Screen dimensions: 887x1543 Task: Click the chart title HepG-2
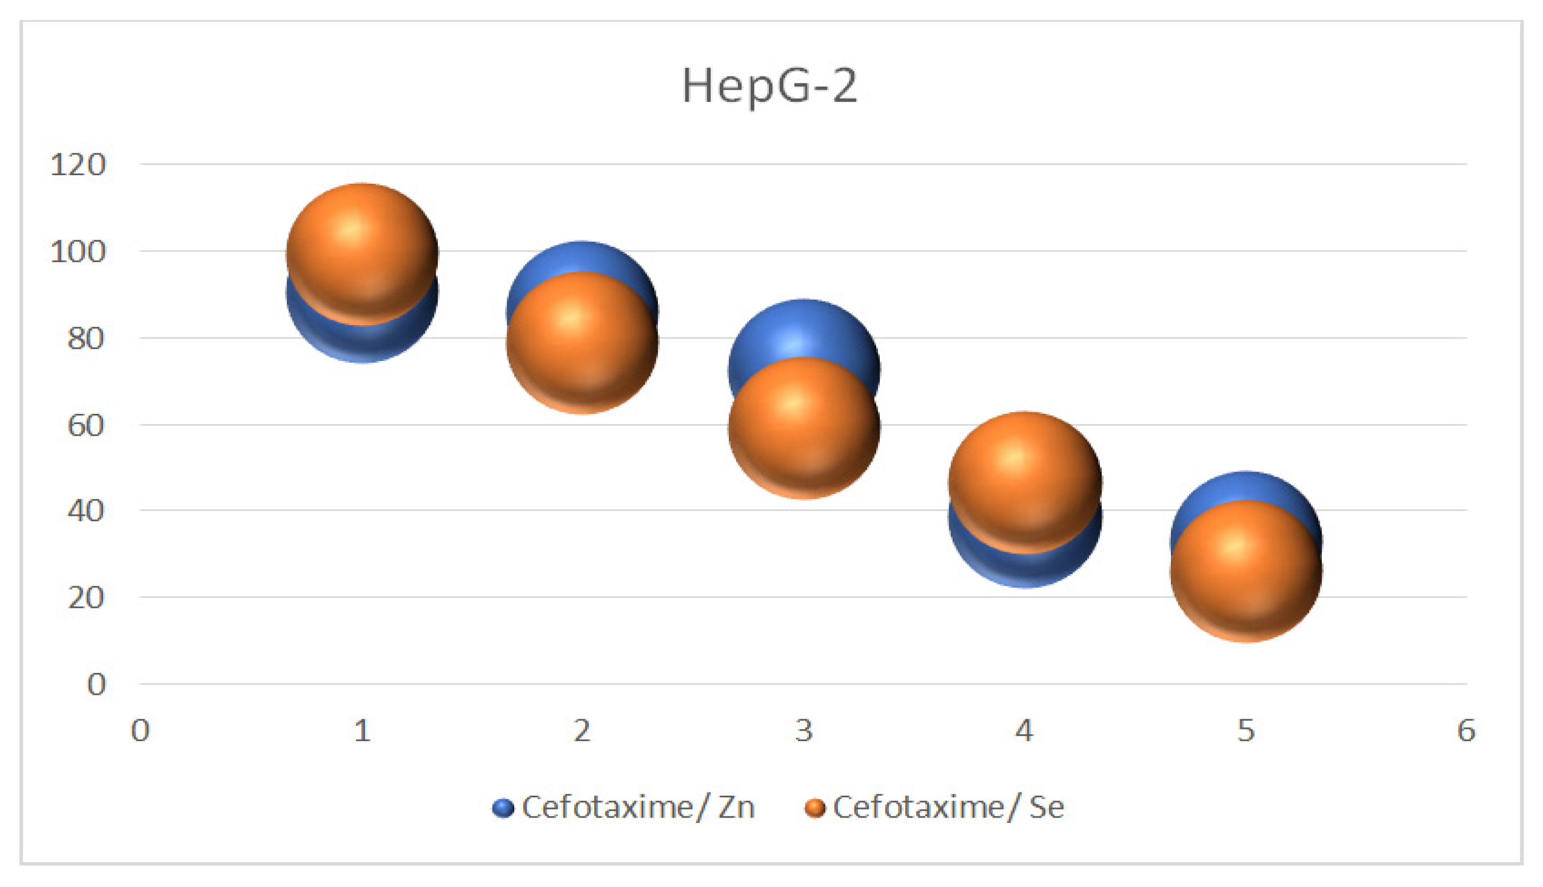click(770, 87)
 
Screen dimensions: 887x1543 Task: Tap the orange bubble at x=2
click(582, 342)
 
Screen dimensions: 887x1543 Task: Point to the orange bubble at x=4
click(1026, 482)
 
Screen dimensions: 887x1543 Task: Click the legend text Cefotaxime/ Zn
click(638, 807)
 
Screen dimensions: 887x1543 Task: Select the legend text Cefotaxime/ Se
click(948, 807)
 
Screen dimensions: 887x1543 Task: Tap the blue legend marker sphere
click(503, 808)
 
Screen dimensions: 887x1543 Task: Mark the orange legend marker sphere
click(815, 808)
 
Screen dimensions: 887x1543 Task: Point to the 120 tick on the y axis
click(78, 164)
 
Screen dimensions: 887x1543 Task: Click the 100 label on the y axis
click(78, 252)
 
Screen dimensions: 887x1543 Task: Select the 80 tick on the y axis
click(85, 338)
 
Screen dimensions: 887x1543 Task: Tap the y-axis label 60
click(85, 425)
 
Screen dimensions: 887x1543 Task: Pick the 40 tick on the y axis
click(85, 511)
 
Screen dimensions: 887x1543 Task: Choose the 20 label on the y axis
click(85, 598)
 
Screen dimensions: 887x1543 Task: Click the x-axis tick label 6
click(1466, 731)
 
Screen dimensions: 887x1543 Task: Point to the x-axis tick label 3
click(804, 731)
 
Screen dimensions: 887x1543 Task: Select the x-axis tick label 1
click(363, 731)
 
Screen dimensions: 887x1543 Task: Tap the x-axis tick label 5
click(1246, 731)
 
